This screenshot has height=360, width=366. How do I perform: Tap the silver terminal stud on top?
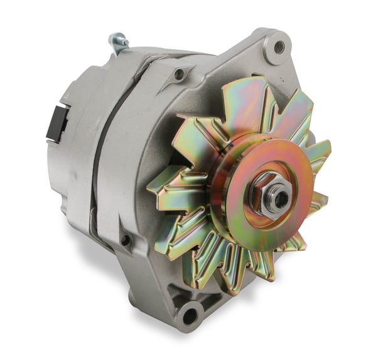(118, 42)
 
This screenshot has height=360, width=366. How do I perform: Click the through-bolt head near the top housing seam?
(180, 74)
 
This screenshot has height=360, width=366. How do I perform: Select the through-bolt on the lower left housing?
(126, 239)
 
